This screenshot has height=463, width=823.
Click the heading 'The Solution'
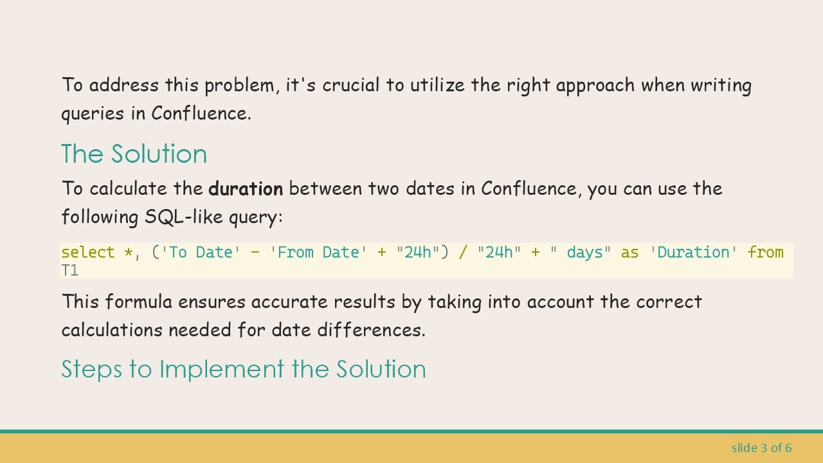coord(134,154)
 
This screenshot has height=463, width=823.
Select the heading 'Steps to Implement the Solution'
coord(243,369)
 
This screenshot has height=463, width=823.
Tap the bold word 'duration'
coord(246,189)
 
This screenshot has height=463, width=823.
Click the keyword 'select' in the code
coord(88,253)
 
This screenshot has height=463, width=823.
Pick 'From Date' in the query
coord(318,253)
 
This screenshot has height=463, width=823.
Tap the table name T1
coord(69,270)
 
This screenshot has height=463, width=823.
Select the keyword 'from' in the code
coord(765,253)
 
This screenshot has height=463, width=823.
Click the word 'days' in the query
coord(585,253)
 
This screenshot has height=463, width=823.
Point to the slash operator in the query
coord(463,253)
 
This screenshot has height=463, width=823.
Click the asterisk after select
coord(128,253)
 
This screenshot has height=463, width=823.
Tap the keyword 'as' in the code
coord(629,253)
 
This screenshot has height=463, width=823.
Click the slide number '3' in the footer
coord(764,448)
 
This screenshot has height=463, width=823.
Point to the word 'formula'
coord(138,302)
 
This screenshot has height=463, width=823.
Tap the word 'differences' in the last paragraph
coord(369,330)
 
